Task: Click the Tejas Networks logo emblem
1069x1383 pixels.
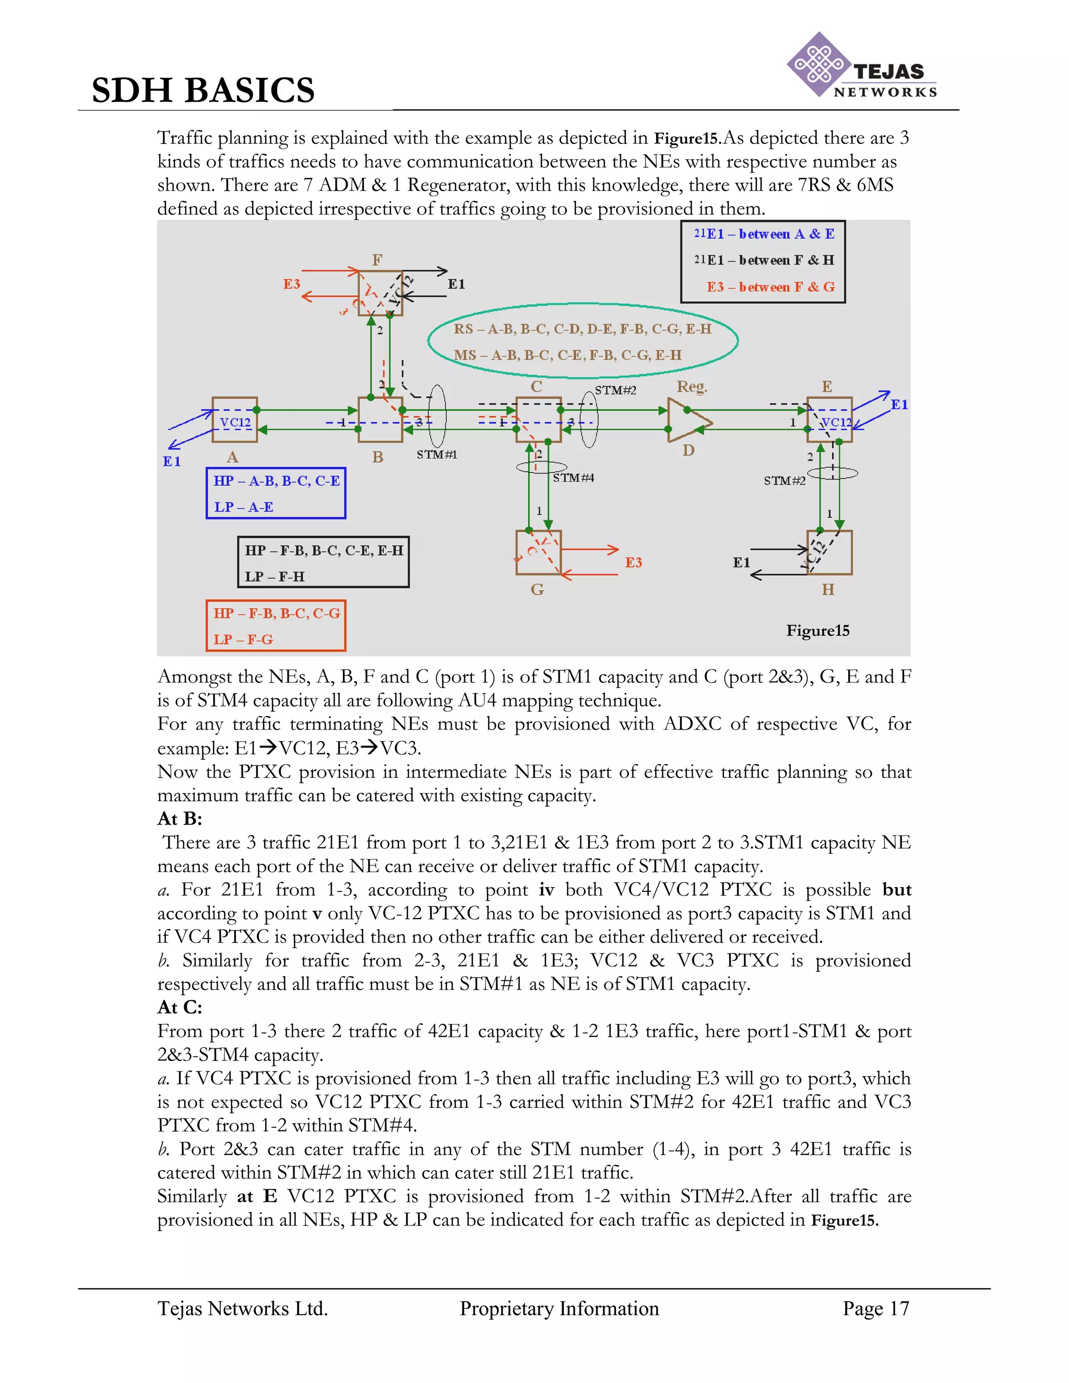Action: point(818,65)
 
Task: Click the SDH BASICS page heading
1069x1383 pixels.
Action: point(203,90)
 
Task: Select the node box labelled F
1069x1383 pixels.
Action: point(380,293)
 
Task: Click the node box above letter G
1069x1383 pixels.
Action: point(538,552)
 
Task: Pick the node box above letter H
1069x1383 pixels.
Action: point(829,552)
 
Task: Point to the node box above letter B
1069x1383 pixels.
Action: point(380,419)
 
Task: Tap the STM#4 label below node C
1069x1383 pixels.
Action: point(573,478)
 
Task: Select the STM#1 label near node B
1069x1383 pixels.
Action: point(436,455)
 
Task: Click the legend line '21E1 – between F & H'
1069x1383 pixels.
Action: point(764,260)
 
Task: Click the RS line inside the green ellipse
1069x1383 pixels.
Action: point(582,329)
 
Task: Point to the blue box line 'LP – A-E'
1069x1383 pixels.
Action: point(244,507)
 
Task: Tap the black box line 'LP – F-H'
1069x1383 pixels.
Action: point(275,577)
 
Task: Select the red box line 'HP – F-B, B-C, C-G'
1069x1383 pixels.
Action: point(277,614)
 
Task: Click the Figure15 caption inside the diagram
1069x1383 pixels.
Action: point(817,631)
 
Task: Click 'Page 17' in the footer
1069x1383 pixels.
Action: point(875,1308)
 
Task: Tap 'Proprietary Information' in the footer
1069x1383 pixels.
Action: point(559,1308)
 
